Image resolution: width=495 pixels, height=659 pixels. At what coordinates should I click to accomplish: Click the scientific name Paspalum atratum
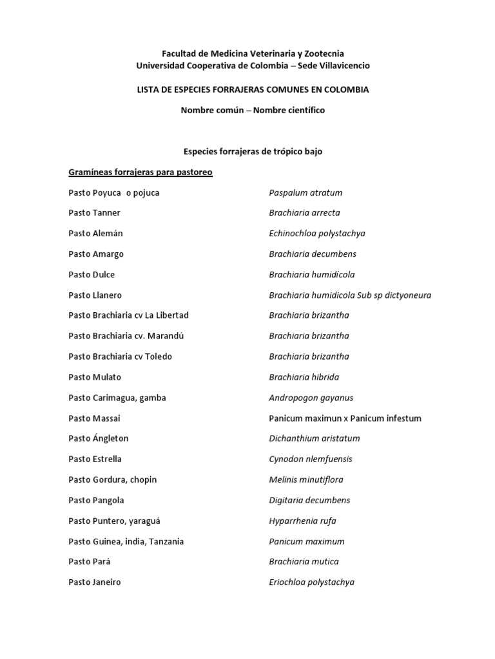[306, 192]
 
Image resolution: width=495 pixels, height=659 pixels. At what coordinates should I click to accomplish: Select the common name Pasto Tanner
[94, 213]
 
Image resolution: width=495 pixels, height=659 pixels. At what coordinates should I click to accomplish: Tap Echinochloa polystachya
[316, 234]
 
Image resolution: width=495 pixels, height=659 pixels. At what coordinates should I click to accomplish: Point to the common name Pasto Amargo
[96, 254]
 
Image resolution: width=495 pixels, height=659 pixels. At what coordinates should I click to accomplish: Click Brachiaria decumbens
[312, 254]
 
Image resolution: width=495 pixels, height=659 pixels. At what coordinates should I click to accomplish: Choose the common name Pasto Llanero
[95, 295]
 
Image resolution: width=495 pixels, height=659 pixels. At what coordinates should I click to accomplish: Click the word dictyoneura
[404, 295]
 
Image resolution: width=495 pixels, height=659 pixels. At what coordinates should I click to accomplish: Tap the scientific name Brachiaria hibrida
[304, 377]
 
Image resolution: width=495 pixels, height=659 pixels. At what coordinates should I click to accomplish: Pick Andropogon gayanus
[311, 398]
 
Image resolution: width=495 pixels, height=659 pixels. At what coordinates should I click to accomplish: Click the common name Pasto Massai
[94, 418]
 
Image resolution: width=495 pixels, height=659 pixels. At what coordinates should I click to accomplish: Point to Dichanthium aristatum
[314, 438]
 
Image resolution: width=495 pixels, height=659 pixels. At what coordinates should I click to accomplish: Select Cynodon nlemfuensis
[310, 459]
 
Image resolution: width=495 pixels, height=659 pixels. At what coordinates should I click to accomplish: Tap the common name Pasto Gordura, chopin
[112, 479]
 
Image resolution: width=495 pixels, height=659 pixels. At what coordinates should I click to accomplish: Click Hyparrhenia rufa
[302, 521]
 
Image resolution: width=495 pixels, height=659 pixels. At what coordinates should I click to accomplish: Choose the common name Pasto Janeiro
[94, 582]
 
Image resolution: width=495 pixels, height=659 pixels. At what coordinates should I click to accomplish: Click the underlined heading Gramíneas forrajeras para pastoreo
[141, 172]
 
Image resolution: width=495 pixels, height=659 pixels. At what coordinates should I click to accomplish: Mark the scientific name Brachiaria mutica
[304, 562]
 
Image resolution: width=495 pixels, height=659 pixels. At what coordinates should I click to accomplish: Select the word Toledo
[158, 357]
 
